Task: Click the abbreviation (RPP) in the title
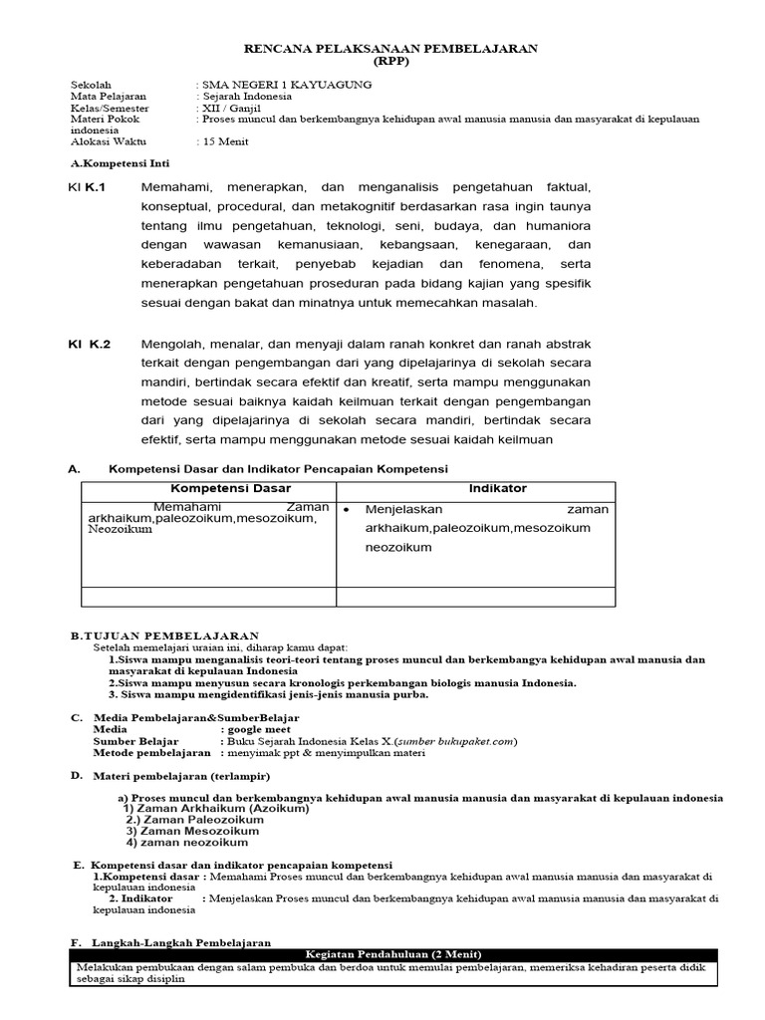[391, 60]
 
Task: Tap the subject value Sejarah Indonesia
[248, 97]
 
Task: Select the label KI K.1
[88, 187]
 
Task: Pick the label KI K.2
[90, 345]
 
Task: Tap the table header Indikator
[498, 489]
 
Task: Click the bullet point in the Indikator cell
[346, 510]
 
